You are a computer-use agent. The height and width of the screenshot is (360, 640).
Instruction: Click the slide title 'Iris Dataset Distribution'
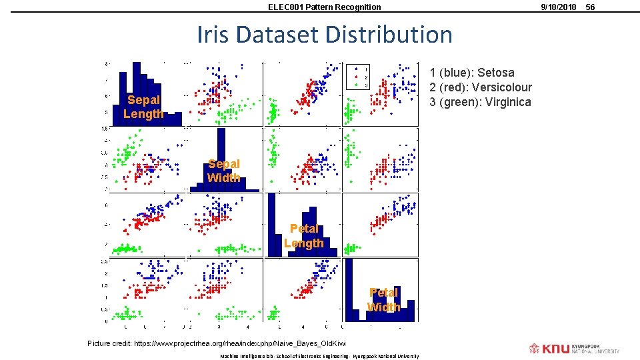[324, 34]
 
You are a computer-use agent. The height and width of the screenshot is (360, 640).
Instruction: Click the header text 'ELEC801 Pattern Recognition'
[324, 7]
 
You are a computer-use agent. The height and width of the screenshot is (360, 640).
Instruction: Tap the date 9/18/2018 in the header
[559, 7]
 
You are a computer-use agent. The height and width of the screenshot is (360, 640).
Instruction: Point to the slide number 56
[590, 7]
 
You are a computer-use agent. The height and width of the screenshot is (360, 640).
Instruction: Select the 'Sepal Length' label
[143, 107]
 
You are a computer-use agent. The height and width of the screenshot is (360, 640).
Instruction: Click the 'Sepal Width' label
[223, 171]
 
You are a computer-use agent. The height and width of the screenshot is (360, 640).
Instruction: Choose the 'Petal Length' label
[303, 236]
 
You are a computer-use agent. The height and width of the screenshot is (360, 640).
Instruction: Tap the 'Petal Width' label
[383, 299]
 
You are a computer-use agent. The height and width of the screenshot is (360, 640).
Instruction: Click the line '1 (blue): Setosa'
[472, 73]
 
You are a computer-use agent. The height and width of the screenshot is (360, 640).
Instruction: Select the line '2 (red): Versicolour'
[481, 87]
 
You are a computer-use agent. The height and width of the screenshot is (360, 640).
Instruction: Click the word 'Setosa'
[496, 73]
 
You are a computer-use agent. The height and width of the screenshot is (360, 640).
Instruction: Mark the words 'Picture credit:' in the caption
[110, 343]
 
